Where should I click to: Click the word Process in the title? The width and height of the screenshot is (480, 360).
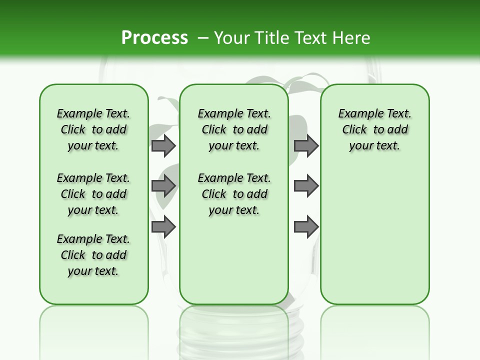(x=154, y=37)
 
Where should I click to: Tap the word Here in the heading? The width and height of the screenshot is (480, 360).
(x=352, y=38)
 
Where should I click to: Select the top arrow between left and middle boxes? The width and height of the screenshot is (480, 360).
(x=163, y=145)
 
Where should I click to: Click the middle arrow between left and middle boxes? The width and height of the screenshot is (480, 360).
(x=163, y=186)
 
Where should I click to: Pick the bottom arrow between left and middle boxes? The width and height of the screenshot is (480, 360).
(x=163, y=227)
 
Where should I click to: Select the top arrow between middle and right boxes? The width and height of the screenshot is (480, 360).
(x=306, y=145)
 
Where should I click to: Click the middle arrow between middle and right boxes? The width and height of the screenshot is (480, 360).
(x=306, y=186)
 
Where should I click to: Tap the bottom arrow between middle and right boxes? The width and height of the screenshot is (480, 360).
(x=306, y=227)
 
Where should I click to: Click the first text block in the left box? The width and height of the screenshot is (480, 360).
(x=93, y=129)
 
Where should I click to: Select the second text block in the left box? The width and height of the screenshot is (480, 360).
(x=93, y=194)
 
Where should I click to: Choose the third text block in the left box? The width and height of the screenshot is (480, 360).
(x=93, y=255)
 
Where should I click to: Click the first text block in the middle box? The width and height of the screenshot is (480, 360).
(x=234, y=129)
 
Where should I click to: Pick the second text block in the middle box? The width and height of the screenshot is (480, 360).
(x=234, y=194)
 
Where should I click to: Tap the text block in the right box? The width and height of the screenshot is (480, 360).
(x=374, y=129)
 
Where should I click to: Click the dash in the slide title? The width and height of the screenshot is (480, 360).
(x=203, y=38)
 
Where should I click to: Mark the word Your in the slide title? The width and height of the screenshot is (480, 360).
(x=231, y=38)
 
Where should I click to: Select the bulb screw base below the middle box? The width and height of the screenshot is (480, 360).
(x=234, y=332)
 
